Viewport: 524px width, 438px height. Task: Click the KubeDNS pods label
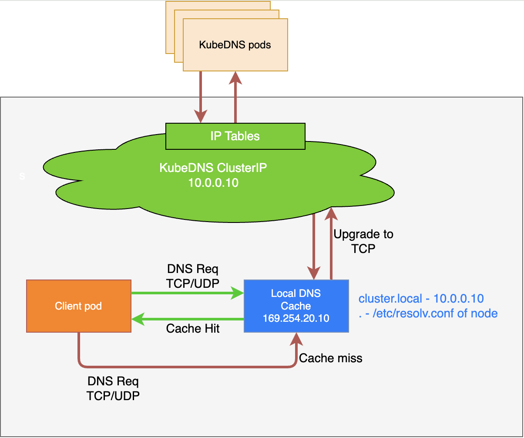coord(235,45)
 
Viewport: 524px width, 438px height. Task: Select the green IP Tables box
coord(235,136)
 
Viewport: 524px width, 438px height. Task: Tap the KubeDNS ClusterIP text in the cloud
coord(213,168)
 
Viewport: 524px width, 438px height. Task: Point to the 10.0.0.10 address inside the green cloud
coord(213,183)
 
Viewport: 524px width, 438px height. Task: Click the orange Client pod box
coord(79,306)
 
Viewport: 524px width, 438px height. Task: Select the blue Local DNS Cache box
coord(296,306)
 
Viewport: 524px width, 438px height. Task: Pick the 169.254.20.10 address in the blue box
coord(296,318)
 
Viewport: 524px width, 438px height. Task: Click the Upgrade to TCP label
coord(363,241)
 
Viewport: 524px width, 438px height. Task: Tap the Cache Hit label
coord(193,328)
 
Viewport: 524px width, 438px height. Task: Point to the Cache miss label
coord(331,358)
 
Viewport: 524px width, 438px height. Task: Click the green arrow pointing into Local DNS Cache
coord(188,293)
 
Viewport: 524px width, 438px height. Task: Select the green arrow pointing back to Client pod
coord(188,319)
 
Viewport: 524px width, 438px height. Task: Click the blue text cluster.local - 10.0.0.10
coord(421,299)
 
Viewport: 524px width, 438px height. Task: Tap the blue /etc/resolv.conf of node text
coord(435,313)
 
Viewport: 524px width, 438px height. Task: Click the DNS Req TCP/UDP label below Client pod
coord(113,388)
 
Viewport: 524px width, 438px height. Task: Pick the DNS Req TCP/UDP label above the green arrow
coord(193,276)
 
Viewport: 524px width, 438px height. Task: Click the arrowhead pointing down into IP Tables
coord(201,116)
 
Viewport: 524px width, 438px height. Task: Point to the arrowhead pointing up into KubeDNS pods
coord(235,78)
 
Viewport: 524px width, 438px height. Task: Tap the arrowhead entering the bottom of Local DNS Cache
coord(296,339)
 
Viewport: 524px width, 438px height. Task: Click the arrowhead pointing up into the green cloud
coord(331,214)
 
